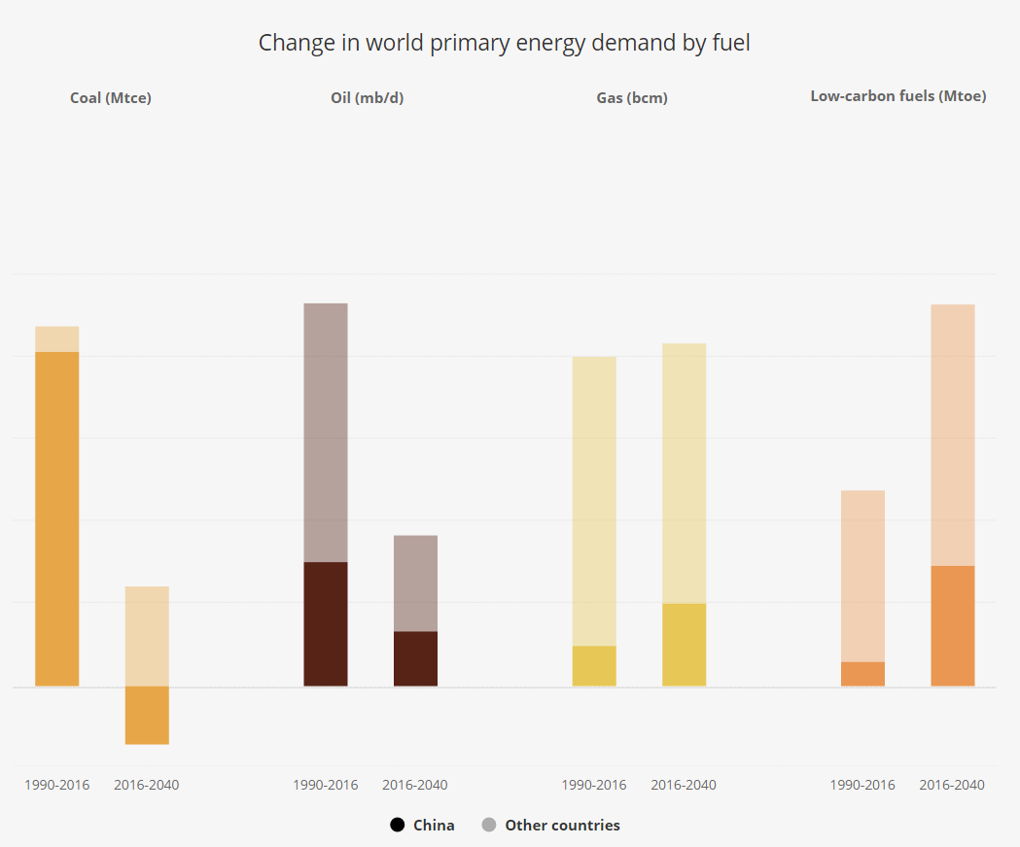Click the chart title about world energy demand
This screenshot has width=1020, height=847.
click(x=504, y=43)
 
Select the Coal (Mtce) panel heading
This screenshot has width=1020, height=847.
click(x=111, y=97)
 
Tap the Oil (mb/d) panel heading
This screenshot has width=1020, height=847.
click(x=367, y=97)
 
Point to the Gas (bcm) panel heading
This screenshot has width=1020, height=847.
click(x=631, y=97)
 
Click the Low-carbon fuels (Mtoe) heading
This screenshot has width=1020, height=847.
click(x=897, y=96)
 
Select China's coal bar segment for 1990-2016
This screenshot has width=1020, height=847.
click(x=57, y=518)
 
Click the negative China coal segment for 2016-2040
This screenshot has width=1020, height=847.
click(x=147, y=715)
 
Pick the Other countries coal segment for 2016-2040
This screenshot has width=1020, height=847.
click(x=147, y=636)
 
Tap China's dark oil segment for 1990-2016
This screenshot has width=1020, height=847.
click(x=326, y=623)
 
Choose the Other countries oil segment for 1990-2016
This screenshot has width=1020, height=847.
click(x=326, y=432)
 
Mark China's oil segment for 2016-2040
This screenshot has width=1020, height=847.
click(x=415, y=658)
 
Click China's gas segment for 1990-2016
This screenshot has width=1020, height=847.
click(x=594, y=666)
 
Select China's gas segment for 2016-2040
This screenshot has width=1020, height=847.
click(x=684, y=645)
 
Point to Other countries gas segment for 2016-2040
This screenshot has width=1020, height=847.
click(x=684, y=473)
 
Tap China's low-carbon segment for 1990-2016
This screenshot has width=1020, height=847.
click(x=862, y=674)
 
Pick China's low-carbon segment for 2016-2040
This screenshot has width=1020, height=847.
click(x=952, y=625)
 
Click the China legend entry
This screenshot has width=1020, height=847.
click(x=422, y=825)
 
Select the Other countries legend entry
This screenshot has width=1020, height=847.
click(x=550, y=825)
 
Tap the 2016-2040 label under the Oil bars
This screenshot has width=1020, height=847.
click(x=415, y=785)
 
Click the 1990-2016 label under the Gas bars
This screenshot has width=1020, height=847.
click(x=594, y=785)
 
